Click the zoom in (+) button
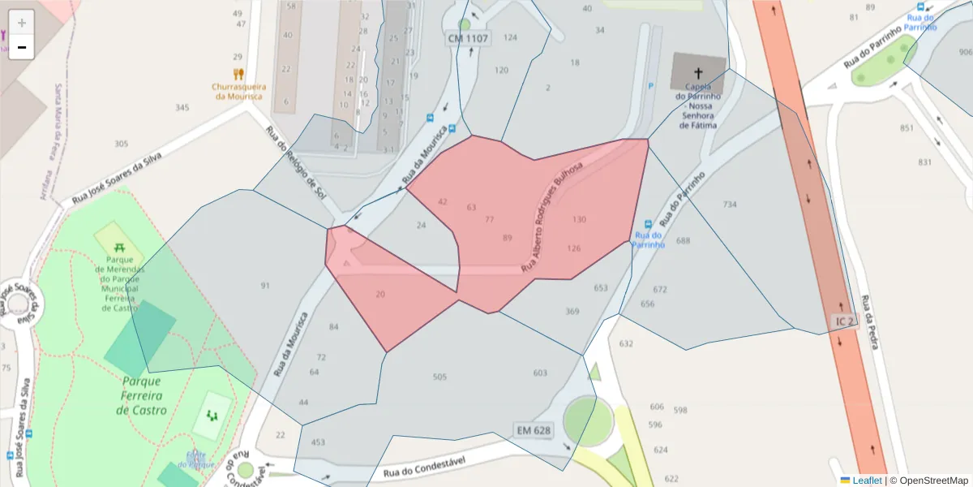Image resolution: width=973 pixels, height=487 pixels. pyautogui.click(x=22, y=23)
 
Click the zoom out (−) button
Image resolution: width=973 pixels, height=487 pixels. pyautogui.click(x=22, y=47)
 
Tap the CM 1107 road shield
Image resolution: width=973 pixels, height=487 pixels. pyautogui.click(x=468, y=38)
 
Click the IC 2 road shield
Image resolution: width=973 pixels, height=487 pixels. pyautogui.click(x=844, y=321)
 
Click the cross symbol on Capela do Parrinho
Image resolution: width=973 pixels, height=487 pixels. pyautogui.click(x=698, y=72)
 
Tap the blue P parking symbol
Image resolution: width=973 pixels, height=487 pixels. pyautogui.click(x=650, y=85)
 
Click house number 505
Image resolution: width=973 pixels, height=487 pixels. pyautogui.click(x=439, y=377)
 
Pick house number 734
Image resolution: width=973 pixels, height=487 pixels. pyautogui.click(x=730, y=204)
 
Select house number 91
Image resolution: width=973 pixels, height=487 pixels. pyautogui.click(x=265, y=286)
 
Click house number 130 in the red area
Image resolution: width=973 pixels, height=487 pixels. pyautogui.click(x=579, y=219)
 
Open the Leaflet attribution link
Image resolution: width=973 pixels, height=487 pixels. pyautogui.click(x=866, y=481)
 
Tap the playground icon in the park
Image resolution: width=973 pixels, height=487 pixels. pyautogui.click(x=212, y=415)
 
